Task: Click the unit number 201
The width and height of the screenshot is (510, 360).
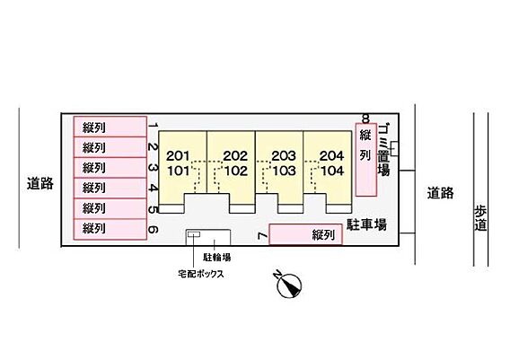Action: click(178, 156)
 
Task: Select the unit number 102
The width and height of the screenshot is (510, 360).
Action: click(236, 171)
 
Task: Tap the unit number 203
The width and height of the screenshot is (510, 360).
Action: click(284, 156)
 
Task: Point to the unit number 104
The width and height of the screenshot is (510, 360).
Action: click(332, 171)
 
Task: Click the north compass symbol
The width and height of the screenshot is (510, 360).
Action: click(289, 285)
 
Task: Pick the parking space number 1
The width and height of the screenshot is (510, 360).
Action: click(154, 126)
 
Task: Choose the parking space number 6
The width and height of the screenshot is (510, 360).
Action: click(154, 230)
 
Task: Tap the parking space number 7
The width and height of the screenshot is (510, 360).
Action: click(262, 236)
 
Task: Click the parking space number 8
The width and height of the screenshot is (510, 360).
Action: click(366, 119)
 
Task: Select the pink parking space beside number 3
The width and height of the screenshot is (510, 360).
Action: click(110, 168)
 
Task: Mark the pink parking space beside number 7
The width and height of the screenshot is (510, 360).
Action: click(306, 234)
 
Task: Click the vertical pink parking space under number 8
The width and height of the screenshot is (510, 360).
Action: click(366, 160)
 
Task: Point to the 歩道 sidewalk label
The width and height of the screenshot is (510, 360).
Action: click(480, 218)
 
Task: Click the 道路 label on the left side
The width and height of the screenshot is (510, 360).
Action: click(40, 183)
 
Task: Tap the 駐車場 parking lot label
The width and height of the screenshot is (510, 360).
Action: click(366, 224)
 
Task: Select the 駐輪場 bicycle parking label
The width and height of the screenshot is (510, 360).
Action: click(217, 258)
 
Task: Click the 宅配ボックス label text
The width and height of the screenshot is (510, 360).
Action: click(201, 274)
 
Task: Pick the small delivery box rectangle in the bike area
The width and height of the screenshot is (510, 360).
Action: click(194, 234)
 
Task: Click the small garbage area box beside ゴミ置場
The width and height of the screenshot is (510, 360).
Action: click(394, 149)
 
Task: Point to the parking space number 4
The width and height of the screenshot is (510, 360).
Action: click(154, 188)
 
